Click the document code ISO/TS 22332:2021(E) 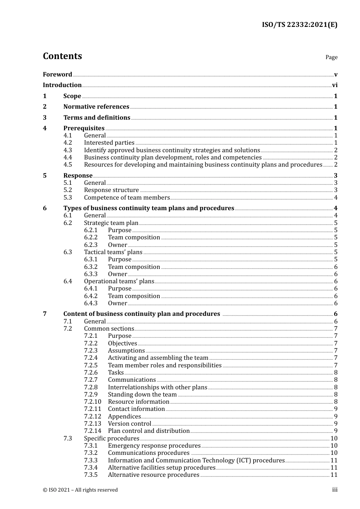(x=299, y=25)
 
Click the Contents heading (x=62, y=56)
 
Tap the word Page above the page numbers (x=331, y=57)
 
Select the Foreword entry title (x=57, y=75)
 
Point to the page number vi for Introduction (x=335, y=85)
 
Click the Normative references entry (x=96, y=107)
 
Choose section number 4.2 (x=67, y=143)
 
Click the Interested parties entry (x=109, y=143)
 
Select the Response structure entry (x=111, y=190)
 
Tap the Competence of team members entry (x=127, y=198)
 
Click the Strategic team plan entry (x=111, y=223)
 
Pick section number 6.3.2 (x=91, y=267)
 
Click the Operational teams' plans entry (x=119, y=281)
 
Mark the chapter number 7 (x=45, y=314)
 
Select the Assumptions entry (x=126, y=351)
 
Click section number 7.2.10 (x=92, y=402)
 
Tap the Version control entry (x=130, y=424)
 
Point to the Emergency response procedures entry (x=154, y=446)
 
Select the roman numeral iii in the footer (x=335, y=490)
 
